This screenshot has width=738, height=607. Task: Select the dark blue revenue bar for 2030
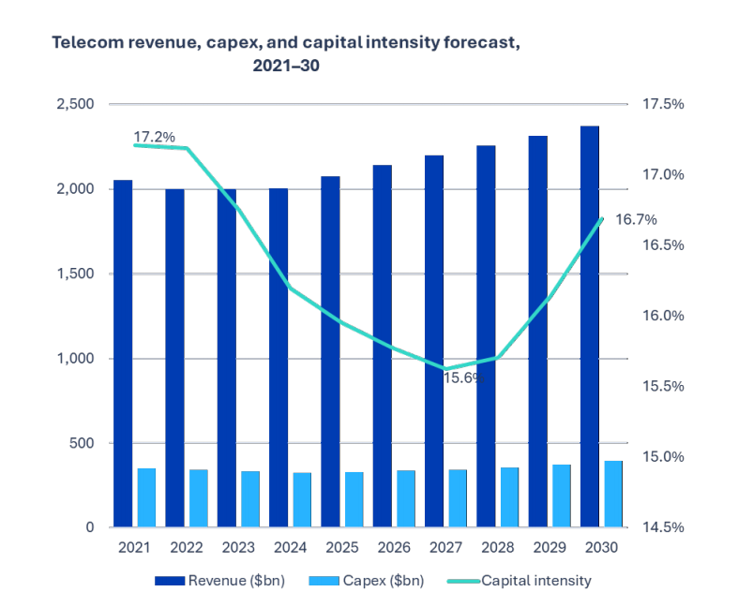pyautogui.click(x=590, y=328)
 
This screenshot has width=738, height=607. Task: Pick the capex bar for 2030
pyautogui.click(x=613, y=494)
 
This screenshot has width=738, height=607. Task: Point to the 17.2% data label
pyautogui.click(x=155, y=138)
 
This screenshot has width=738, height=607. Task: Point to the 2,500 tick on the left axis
pyautogui.click(x=74, y=104)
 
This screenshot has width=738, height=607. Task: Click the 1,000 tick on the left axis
pyautogui.click(x=74, y=359)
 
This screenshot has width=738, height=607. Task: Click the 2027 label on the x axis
pyautogui.click(x=444, y=547)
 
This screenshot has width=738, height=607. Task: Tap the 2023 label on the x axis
pyautogui.click(x=237, y=547)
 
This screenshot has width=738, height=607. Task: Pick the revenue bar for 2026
pyautogui.click(x=382, y=347)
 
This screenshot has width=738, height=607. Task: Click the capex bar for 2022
pyautogui.click(x=198, y=498)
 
